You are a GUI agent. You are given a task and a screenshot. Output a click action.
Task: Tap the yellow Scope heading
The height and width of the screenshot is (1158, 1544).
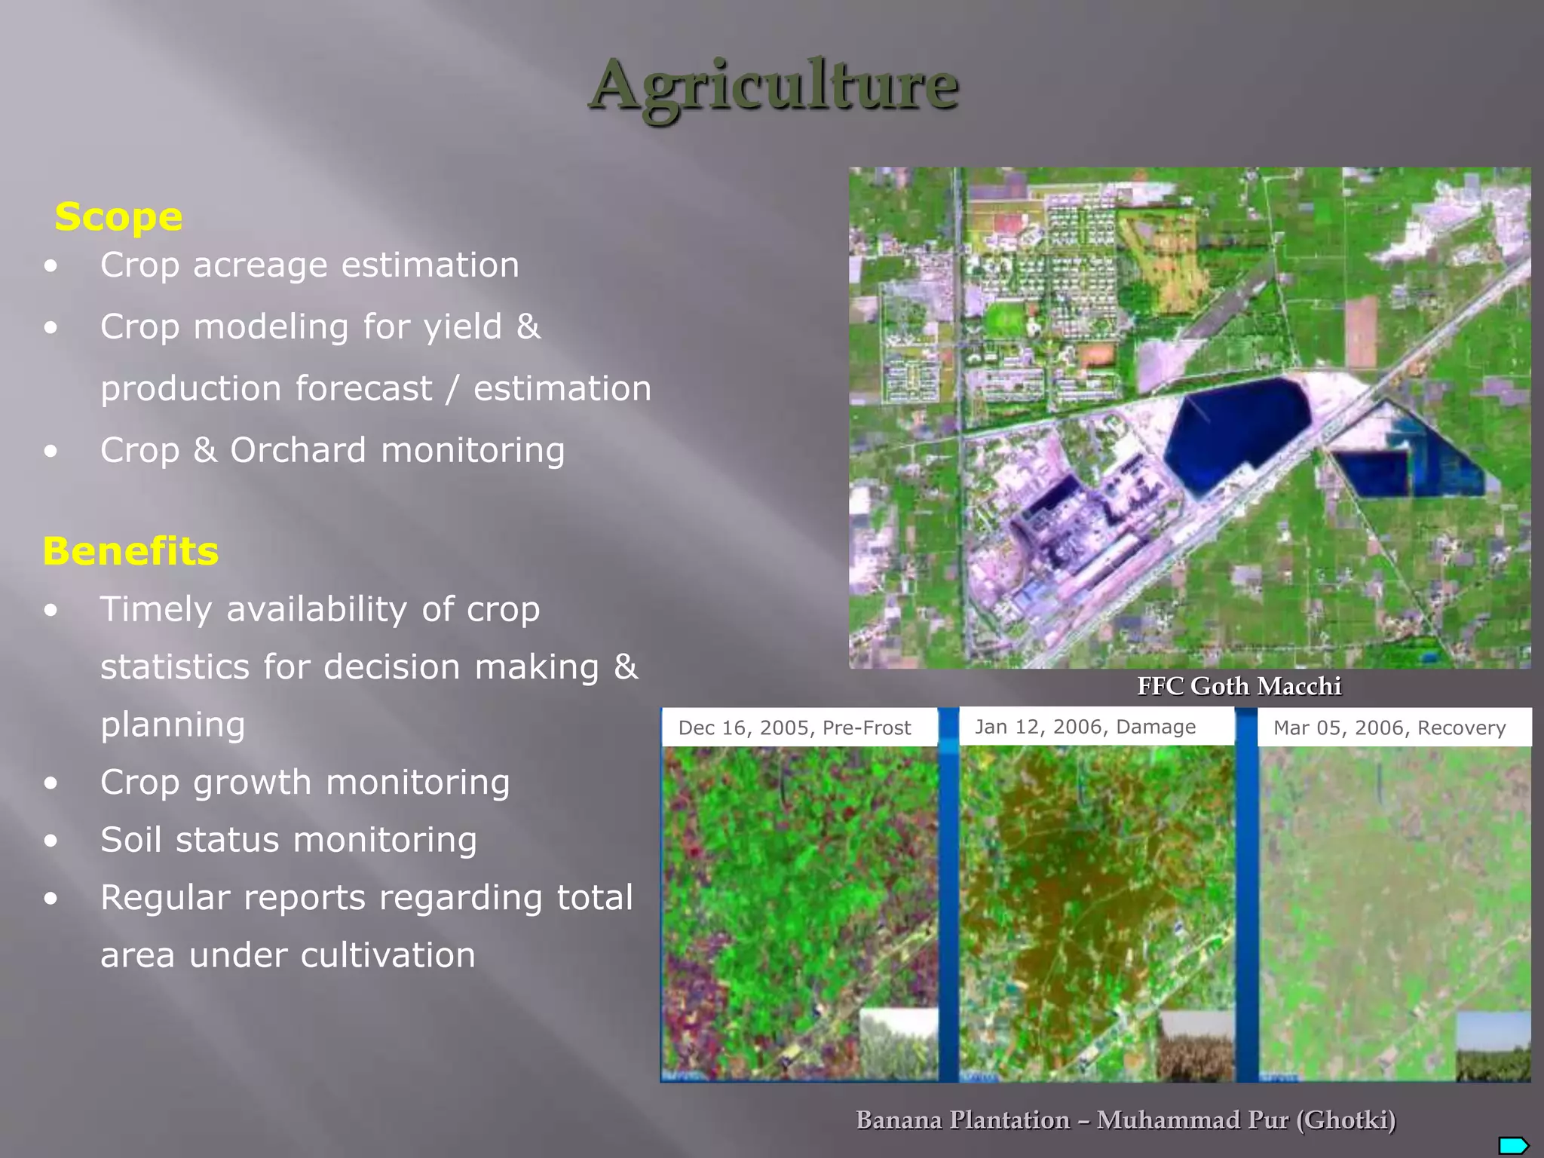coord(118,217)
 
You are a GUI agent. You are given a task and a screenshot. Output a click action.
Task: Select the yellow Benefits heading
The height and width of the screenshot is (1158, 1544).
coord(130,551)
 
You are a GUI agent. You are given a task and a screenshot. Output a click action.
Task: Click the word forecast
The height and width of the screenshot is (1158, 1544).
coord(363,389)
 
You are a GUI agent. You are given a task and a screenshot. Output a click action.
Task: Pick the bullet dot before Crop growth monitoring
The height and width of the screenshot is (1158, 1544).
coord(51,783)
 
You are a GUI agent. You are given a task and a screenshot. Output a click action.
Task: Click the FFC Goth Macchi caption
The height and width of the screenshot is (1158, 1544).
coord(1239,686)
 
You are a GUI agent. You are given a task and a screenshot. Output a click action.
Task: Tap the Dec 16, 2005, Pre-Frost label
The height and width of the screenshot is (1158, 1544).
coord(795,728)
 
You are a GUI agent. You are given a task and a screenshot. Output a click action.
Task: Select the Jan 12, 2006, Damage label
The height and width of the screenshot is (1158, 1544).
coord(1085,727)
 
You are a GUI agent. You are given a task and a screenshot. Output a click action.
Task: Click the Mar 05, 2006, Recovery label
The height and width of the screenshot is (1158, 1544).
coord(1389,728)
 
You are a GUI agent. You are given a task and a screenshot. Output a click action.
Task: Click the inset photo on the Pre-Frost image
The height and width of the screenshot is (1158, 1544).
coord(898,1045)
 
